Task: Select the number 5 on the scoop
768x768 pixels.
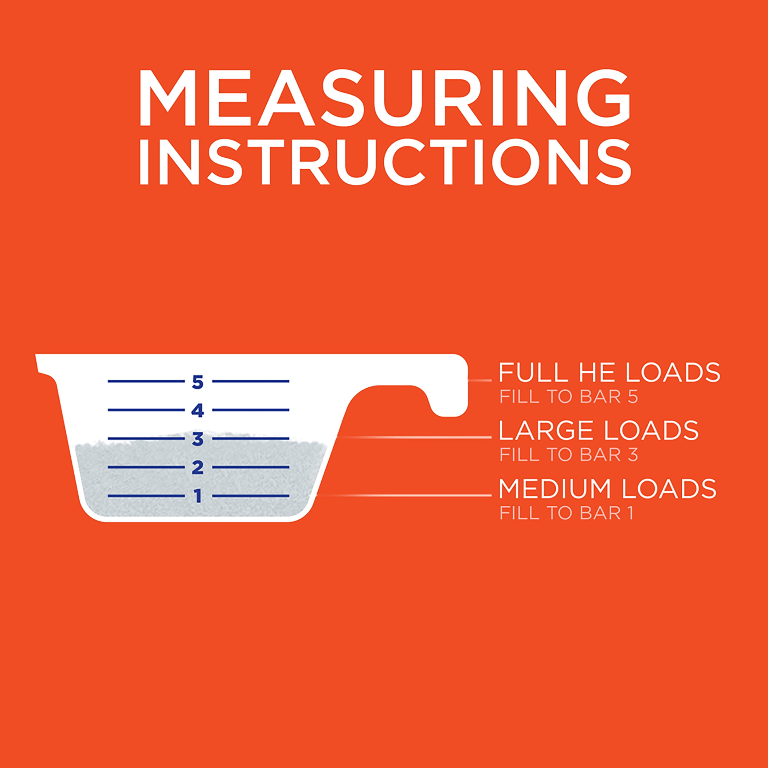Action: click(x=198, y=382)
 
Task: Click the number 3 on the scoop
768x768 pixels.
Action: click(x=198, y=440)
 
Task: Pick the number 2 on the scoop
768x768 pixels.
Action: click(x=198, y=468)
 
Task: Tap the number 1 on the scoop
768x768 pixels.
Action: click(x=198, y=496)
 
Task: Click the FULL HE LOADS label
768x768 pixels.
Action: click(x=609, y=372)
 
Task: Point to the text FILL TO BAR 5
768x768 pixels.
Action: click(x=568, y=398)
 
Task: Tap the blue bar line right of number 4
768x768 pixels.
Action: click(x=251, y=410)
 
